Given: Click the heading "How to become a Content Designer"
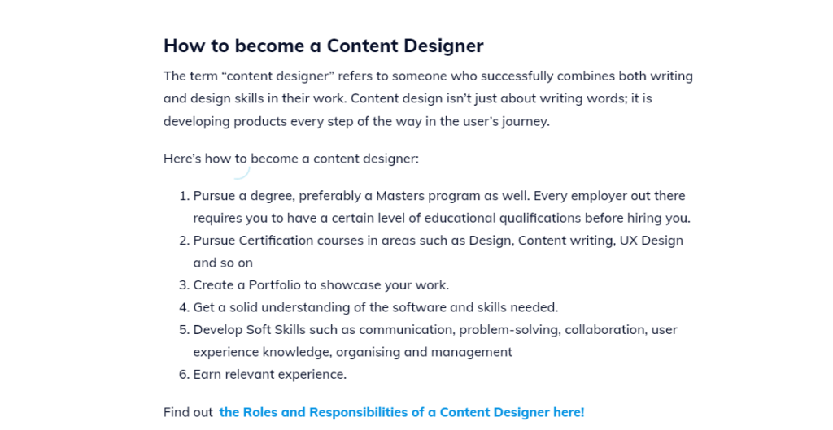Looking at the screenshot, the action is pyautogui.click(x=324, y=46).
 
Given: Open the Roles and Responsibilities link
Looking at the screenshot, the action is pyautogui.click(x=402, y=412).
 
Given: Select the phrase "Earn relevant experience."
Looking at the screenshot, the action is pyautogui.click(x=270, y=375).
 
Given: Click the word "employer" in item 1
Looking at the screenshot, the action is pyautogui.click(x=591, y=197).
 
